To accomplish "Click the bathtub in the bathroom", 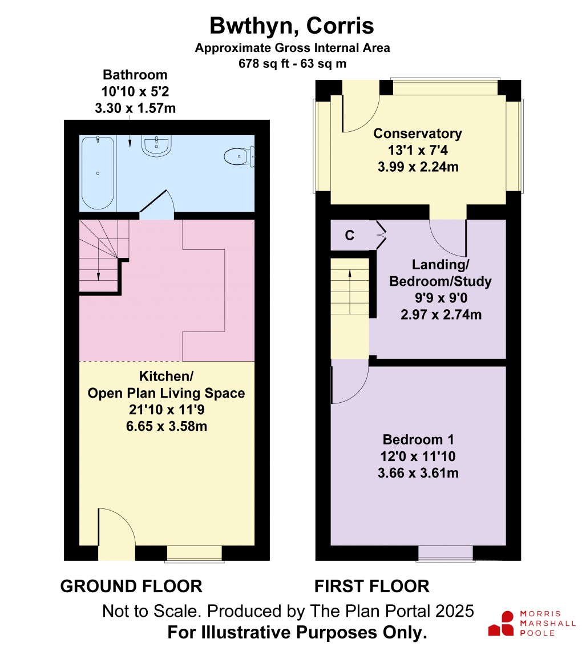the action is [x=98, y=173].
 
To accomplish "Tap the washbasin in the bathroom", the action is [x=157, y=146].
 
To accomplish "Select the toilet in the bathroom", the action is [x=239, y=156].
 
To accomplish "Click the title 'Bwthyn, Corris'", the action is [x=292, y=26].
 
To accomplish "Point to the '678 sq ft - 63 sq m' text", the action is [x=293, y=64].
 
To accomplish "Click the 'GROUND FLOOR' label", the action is [x=131, y=586].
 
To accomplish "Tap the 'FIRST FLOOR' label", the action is [x=372, y=586].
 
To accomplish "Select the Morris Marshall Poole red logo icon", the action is [x=502, y=624].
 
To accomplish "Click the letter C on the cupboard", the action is [x=350, y=235].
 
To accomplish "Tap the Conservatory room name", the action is [x=418, y=134].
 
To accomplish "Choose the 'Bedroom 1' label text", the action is [x=418, y=439].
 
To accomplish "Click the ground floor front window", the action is [x=194, y=553].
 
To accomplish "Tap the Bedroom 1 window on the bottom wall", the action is [x=446, y=553].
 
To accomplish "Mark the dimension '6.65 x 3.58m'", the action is [x=167, y=426].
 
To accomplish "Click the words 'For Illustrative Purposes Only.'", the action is [x=297, y=632].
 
